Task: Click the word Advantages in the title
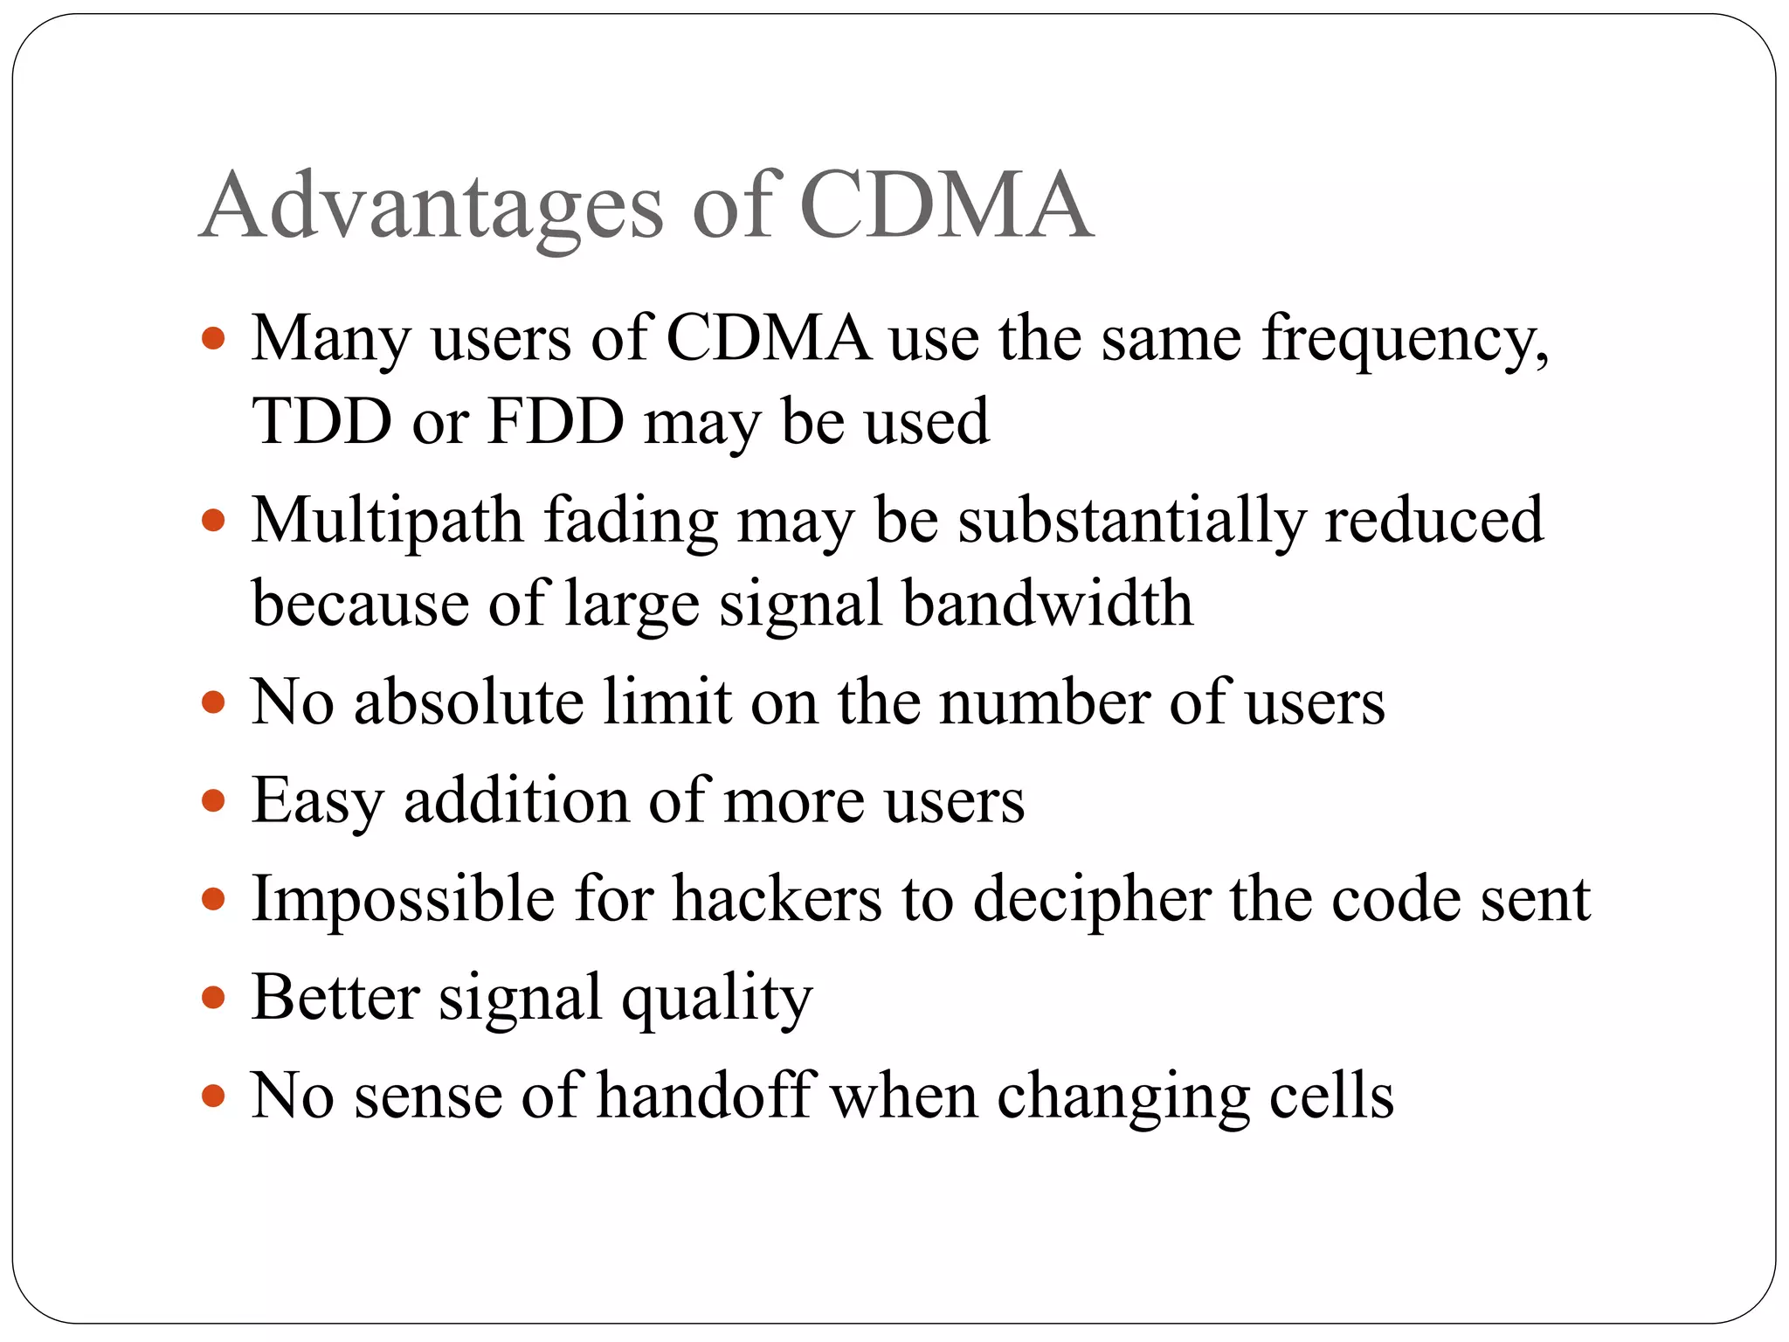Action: point(432,206)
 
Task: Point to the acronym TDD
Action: point(321,422)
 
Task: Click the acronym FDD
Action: point(556,422)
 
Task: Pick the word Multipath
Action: point(387,521)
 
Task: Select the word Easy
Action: point(317,801)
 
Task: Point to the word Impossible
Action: point(403,899)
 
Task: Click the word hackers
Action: point(777,899)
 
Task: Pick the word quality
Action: point(716,998)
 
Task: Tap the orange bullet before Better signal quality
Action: point(213,997)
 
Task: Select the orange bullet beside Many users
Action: point(213,338)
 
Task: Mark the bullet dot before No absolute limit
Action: point(213,702)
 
